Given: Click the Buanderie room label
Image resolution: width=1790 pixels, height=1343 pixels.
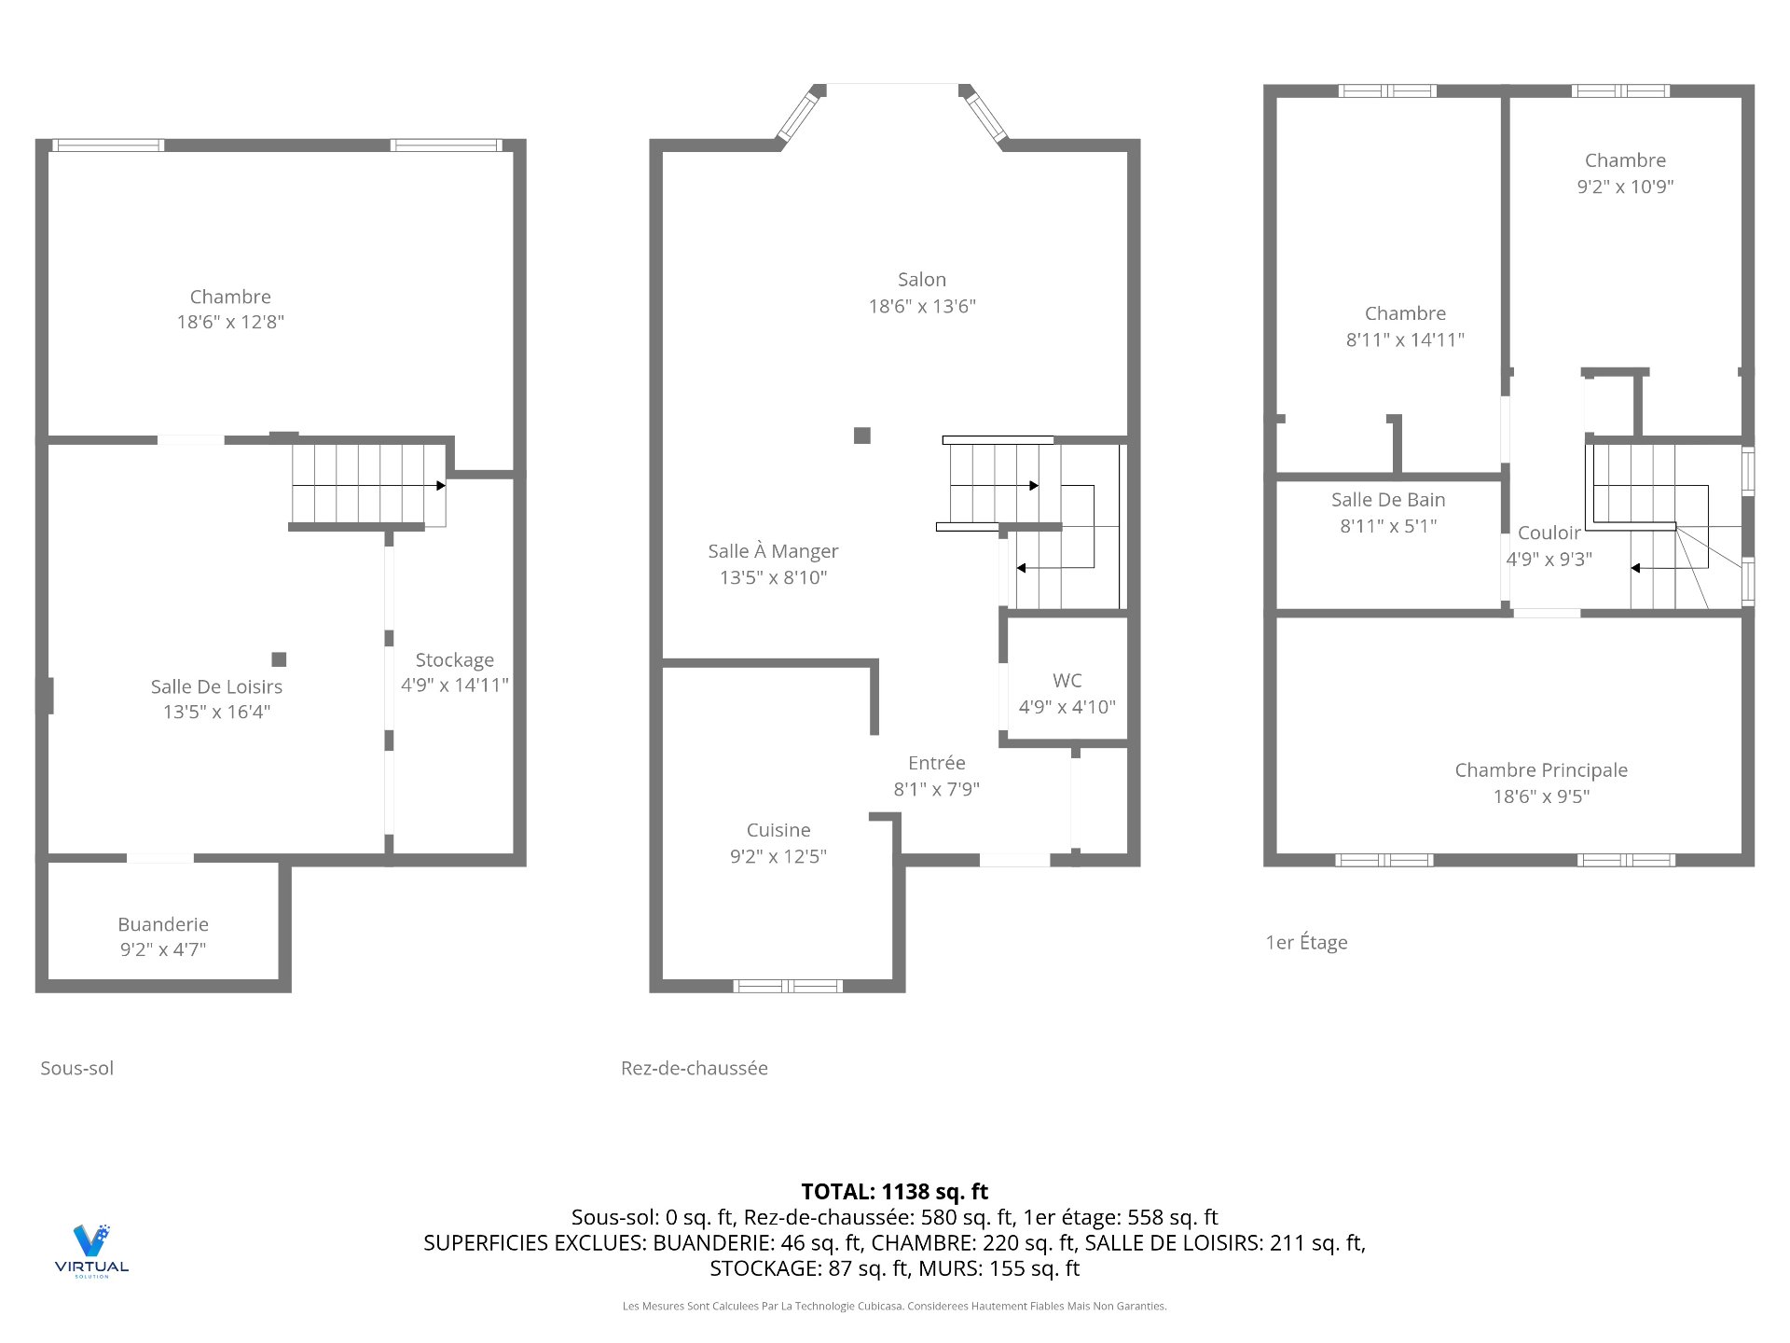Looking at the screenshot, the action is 163,924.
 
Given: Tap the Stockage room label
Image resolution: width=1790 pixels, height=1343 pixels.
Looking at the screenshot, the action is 455,660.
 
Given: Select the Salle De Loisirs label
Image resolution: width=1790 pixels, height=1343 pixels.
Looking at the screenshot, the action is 216,686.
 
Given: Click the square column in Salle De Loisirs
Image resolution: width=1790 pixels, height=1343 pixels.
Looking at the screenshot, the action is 279,659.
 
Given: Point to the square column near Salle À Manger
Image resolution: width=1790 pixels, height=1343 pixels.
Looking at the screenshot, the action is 862,436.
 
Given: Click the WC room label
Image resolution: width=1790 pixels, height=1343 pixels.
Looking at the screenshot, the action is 1067,681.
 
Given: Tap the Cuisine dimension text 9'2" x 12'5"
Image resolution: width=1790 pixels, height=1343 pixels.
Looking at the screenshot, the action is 778,856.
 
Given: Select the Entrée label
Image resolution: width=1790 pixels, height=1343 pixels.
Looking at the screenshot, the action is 937,763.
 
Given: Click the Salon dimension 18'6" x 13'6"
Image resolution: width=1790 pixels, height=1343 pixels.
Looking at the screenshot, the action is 922,306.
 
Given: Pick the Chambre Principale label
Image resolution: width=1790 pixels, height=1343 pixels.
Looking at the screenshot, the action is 1541,770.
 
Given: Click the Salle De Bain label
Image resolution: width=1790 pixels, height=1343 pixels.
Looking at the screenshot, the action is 1388,500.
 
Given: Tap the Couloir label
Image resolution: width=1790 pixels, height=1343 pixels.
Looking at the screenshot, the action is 1549,533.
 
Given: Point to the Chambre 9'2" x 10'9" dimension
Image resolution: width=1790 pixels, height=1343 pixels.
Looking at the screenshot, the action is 1625,187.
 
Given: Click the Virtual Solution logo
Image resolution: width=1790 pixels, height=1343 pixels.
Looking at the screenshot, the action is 91,1251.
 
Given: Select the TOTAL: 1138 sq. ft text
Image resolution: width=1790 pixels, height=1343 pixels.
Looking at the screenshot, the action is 895,1192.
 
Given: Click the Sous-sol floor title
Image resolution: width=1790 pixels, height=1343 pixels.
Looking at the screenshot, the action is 77,1068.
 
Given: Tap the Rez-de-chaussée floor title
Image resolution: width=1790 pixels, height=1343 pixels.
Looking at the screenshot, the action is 695,1068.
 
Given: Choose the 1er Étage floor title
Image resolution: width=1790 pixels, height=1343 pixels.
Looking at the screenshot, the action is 1306,942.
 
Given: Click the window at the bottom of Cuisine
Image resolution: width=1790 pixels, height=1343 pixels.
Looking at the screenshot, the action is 788,986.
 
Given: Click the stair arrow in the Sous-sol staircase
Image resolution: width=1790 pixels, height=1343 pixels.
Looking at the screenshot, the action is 369,485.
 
